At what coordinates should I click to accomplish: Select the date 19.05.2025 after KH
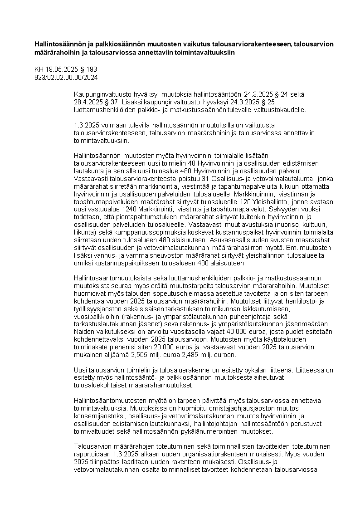pyautogui.click(x=60, y=69)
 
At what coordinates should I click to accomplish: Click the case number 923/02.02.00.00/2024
pyautogui.click(x=66, y=77)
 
